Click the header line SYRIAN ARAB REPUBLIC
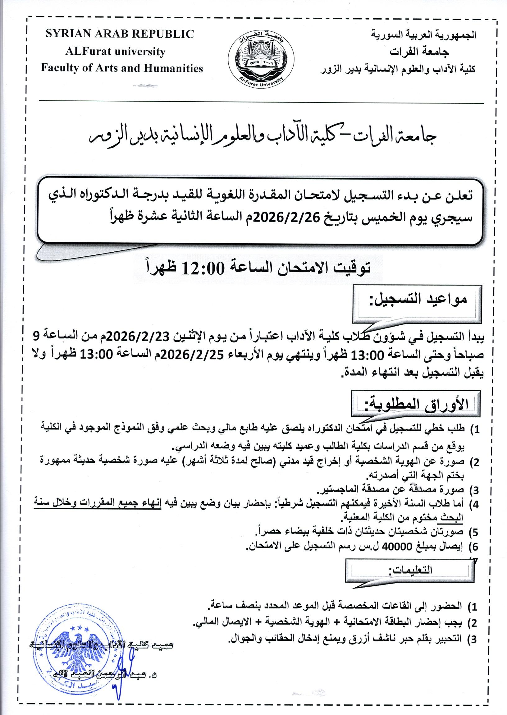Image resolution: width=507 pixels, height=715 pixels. point(120,34)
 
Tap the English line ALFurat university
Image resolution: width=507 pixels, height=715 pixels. point(115,51)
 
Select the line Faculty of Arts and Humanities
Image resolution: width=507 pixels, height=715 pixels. point(122,68)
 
